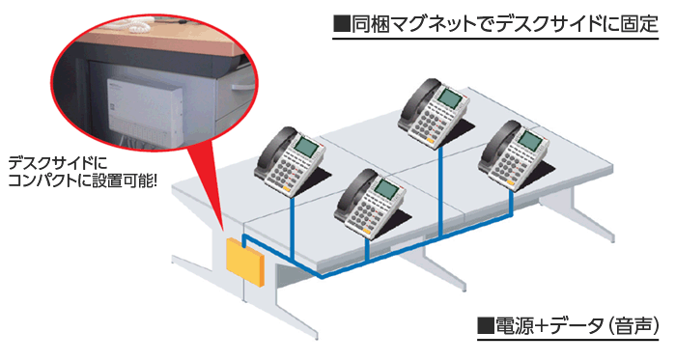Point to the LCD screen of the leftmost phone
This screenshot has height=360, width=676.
point(305,148)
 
